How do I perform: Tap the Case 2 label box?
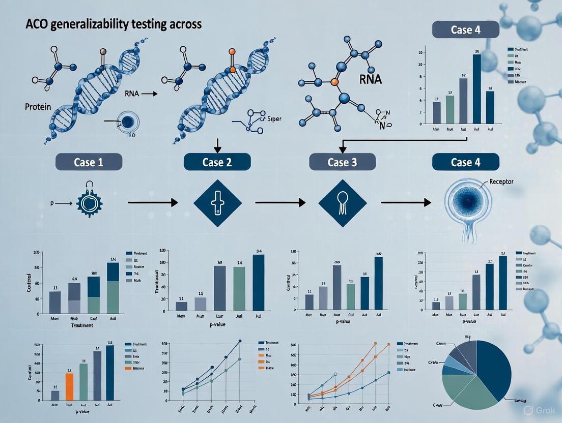pyautogui.click(x=216, y=162)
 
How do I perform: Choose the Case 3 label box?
pyautogui.click(x=342, y=162)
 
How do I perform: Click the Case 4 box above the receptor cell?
pyautogui.click(x=465, y=162)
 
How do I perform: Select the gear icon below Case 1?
pyautogui.click(x=89, y=203)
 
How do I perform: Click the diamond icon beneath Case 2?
pyautogui.click(x=216, y=203)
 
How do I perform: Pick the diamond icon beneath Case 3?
pyautogui.click(x=342, y=203)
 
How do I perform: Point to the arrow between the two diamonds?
pyautogui.click(x=280, y=203)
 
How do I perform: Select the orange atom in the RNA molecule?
pyautogui.click(x=334, y=81)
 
